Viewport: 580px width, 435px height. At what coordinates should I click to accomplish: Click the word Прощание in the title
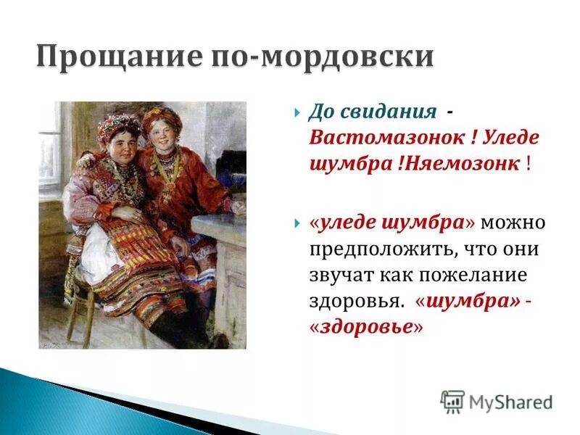click(x=120, y=57)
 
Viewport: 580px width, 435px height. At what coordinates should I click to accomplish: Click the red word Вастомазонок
click(x=387, y=138)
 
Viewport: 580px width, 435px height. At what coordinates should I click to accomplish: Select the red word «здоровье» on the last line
click(x=365, y=327)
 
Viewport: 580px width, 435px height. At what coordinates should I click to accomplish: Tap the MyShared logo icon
click(x=452, y=402)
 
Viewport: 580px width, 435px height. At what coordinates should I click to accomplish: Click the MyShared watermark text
click(x=510, y=402)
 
